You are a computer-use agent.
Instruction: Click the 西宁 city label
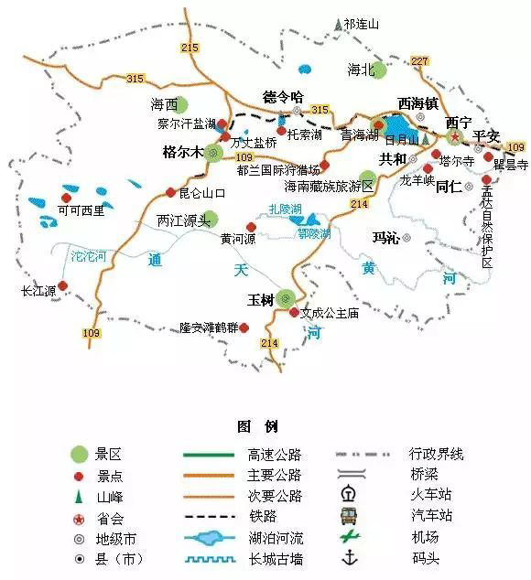click(x=457, y=121)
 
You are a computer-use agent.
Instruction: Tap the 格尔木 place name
click(x=182, y=152)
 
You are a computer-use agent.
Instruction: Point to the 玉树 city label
click(x=260, y=299)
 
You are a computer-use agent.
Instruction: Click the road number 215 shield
click(x=190, y=47)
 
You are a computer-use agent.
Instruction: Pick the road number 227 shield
click(x=420, y=60)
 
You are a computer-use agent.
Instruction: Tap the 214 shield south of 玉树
click(x=269, y=343)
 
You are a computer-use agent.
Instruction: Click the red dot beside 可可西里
click(x=66, y=198)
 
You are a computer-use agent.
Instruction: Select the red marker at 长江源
click(x=63, y=285)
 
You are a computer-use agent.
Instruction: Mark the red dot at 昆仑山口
click(x=170, y=192)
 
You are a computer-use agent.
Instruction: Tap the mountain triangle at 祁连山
click(x=338, y=24)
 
